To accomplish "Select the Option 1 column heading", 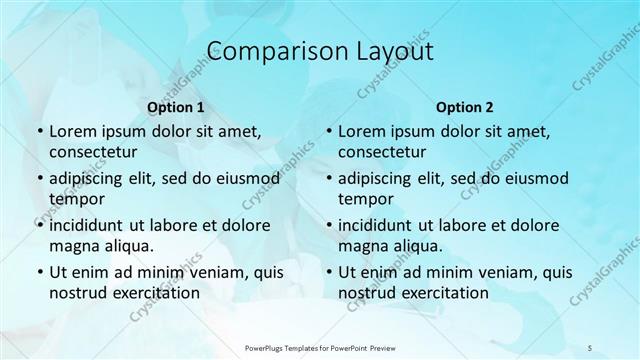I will coord(176,107).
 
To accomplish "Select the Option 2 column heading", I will coord(465,107).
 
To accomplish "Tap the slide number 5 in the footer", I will coord(589,346).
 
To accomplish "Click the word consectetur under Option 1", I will coord(93,151).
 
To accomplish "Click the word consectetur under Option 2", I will coord(382,151).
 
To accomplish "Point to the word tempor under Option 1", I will coord(76,198).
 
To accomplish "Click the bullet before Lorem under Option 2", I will coord(328,132).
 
